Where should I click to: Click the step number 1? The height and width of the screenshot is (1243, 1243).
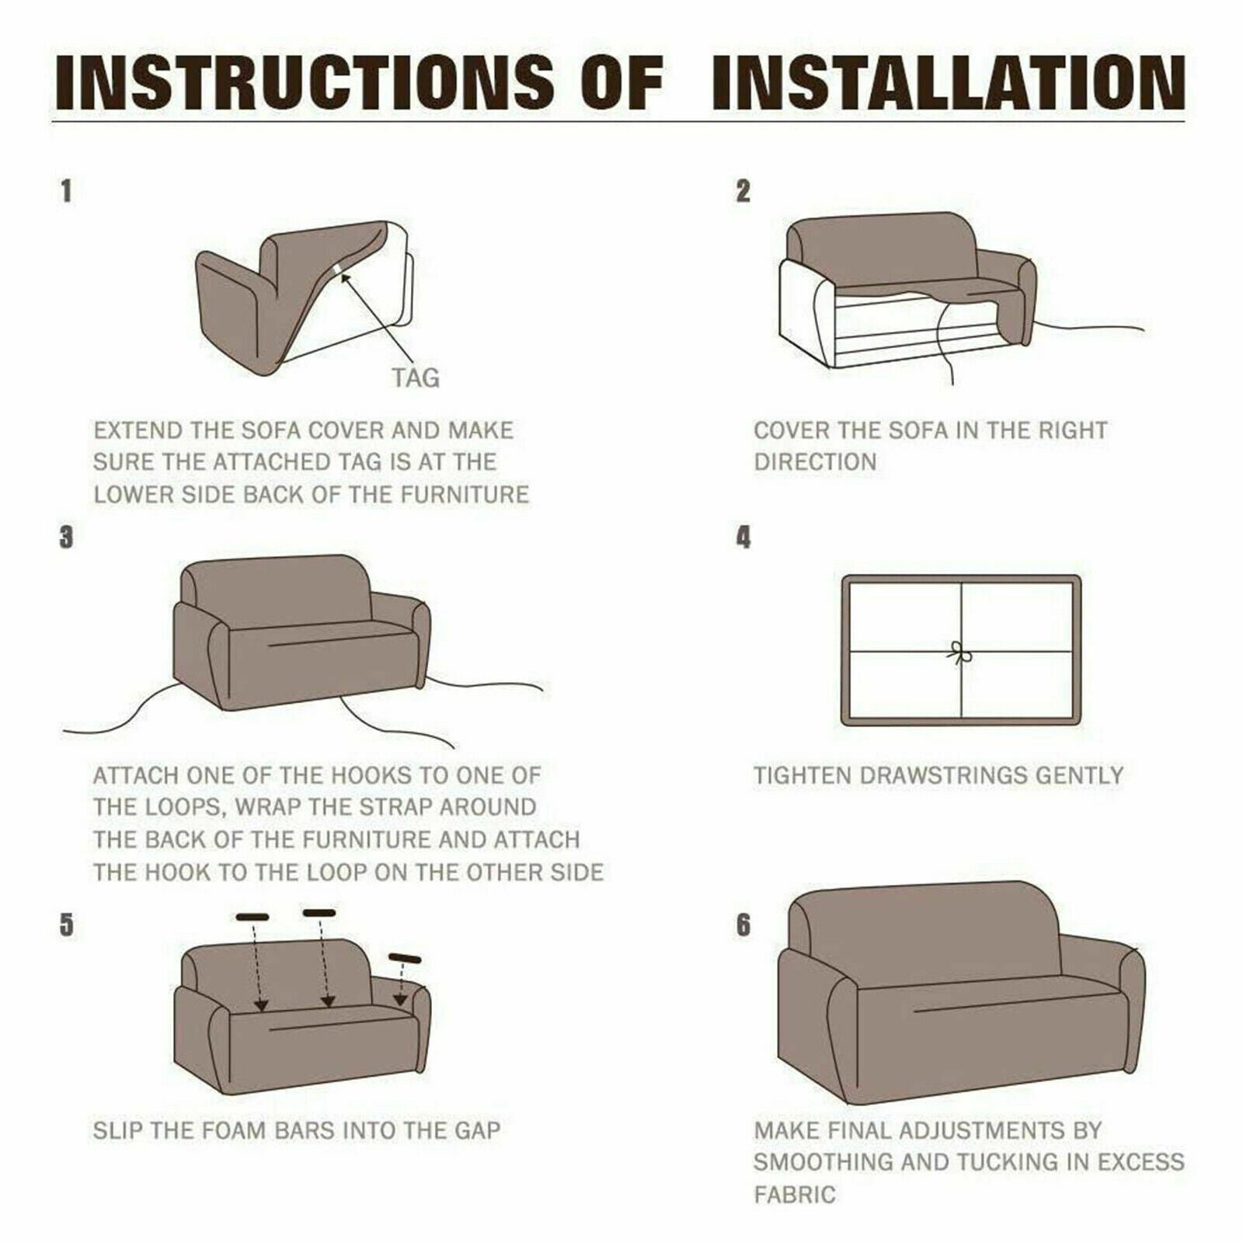click(67, 191)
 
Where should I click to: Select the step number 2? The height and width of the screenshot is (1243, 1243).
click(743, 191)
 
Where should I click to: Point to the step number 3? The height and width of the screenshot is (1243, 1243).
click(67, 537)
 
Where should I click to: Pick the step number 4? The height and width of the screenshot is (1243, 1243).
click(743, 537)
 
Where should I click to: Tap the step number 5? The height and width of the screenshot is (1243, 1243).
click(67, 925)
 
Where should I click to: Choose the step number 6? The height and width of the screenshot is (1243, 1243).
click(743, 925)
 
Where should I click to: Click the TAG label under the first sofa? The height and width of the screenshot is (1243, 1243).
click(415, 378)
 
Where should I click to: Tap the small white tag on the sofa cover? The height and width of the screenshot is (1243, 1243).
click(340, 269)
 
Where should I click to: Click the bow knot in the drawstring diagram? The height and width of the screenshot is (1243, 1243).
click(962, 653)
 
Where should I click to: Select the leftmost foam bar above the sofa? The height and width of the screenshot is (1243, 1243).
click(252, 917)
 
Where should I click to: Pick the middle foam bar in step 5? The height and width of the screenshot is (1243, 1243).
click(319, 913)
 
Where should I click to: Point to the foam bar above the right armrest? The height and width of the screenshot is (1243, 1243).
click(405, 958)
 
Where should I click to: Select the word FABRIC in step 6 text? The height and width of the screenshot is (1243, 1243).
click(795, 1194)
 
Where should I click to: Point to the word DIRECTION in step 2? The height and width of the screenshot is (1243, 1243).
click(815, 462)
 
